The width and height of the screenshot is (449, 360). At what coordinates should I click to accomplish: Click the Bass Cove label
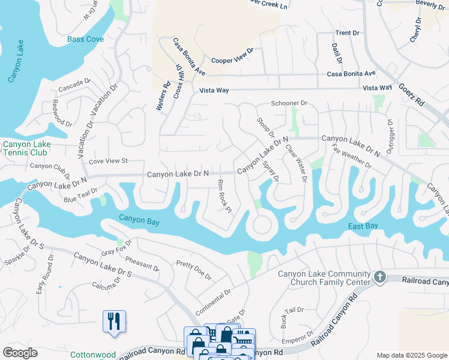click(85, 39)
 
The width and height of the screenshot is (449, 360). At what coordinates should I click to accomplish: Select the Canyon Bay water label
click(139, 221)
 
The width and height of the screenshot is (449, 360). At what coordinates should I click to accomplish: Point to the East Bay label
click(363, 226)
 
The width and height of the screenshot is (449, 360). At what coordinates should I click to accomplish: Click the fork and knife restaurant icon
click(113, 321)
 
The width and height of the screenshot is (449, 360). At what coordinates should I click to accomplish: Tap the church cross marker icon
click(379, 277)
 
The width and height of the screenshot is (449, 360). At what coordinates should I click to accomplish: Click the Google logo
click(20, 353)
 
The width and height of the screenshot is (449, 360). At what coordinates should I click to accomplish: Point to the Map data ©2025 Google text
click(411, 355)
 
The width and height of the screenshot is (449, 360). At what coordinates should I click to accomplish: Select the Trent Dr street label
click(347, 33)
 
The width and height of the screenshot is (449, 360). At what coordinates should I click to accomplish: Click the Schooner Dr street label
click(289, 103)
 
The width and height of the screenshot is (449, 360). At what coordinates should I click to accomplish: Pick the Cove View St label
click(109, 161)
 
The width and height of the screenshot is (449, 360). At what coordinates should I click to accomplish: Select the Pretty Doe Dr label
click(193, 270)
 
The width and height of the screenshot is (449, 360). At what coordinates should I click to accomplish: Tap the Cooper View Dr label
click(232, 59)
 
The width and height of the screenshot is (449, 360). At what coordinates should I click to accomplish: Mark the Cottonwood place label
click(92, 355)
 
